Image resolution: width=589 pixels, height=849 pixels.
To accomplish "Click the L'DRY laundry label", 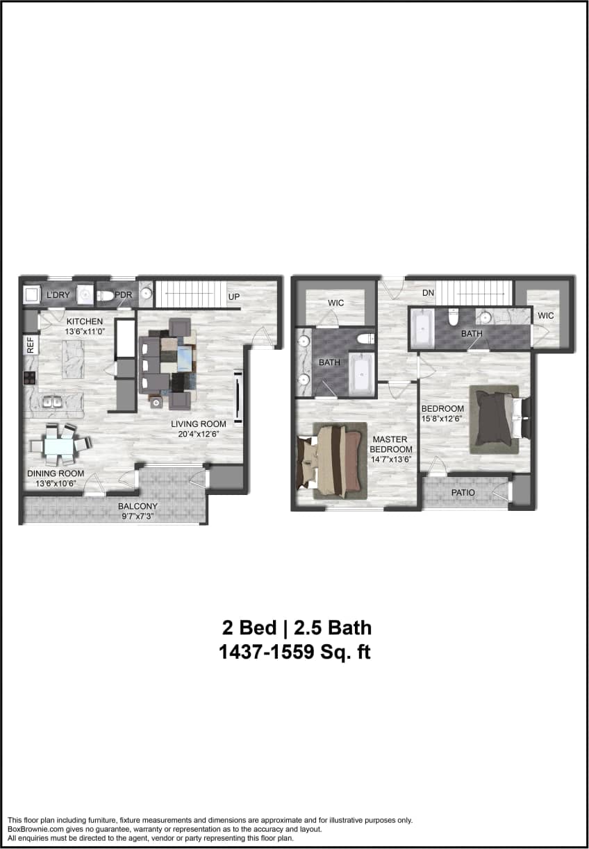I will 58,295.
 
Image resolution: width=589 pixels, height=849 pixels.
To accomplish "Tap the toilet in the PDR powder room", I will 105,296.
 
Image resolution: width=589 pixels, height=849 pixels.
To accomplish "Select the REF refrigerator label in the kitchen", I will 31,346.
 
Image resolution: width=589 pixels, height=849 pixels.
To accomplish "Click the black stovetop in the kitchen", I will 31,378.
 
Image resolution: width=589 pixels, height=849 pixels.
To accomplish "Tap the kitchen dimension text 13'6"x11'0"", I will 85,332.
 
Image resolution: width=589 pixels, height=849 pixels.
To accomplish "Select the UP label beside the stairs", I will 235,297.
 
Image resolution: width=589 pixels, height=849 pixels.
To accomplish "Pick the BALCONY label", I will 138,506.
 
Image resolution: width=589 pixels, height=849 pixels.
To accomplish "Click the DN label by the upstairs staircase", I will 428,293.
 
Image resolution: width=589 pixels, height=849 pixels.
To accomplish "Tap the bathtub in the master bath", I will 361,374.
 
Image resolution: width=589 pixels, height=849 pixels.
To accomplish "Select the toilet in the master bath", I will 364,339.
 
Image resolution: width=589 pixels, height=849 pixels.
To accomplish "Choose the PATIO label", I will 463,493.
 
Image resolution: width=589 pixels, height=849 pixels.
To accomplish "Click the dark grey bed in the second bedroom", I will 495,418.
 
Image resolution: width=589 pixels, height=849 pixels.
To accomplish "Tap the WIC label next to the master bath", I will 336,303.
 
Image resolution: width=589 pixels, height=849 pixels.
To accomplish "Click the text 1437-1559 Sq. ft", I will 294,653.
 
